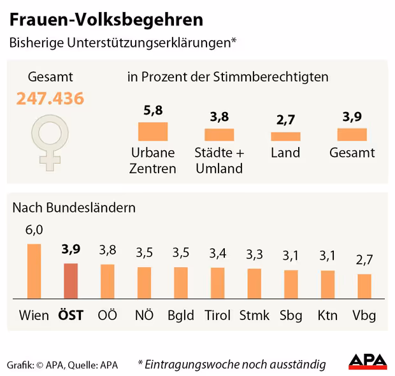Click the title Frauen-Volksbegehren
[x=106, y=19]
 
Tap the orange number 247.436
[x=50, y=99]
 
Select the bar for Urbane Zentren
[x=153, y=131]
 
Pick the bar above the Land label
[x=285, y=136]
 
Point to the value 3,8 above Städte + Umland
[x=219, y=117]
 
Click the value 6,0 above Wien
[x=34, y=230]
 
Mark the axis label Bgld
[x=181, y=316]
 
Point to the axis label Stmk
[x=254, y=316]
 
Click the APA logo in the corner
[x=368, y=361]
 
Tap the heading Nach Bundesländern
[x=74, y=207]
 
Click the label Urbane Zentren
[x=153, y=160]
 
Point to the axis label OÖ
[x=107, y=316]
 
